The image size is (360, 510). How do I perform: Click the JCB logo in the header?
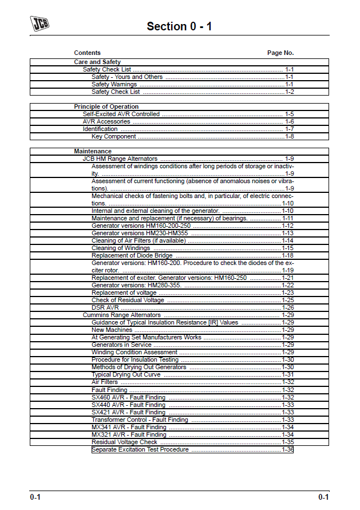coord(39,23)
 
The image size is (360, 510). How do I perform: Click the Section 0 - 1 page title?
coord(179,26)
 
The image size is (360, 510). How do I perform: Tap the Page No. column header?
coord(280,53)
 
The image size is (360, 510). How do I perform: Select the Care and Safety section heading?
coord(97,62)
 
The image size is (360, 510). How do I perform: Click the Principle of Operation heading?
coord(106,106)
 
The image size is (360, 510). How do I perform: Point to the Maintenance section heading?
coord(93,151)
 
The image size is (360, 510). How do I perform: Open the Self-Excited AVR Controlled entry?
coord(121,114)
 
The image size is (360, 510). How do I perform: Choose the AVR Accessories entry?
coord(106,121)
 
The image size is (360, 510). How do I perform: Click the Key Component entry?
coord(114,136)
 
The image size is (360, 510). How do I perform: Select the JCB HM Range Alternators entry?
coord(120,159)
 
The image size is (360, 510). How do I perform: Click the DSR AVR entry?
coord(105,307)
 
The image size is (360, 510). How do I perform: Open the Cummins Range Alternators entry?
coord(121,315)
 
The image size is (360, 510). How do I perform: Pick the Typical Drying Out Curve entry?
coord(126,374)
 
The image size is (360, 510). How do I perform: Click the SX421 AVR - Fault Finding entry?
coord(128,412)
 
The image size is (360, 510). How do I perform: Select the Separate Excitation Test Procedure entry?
coord(140,449)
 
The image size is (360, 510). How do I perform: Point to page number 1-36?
coord(288,449)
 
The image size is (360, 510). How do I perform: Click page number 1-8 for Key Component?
coord(290,136)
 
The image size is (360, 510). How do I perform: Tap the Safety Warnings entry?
coord(114,84)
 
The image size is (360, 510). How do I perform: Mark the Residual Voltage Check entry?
coord(124,442)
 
